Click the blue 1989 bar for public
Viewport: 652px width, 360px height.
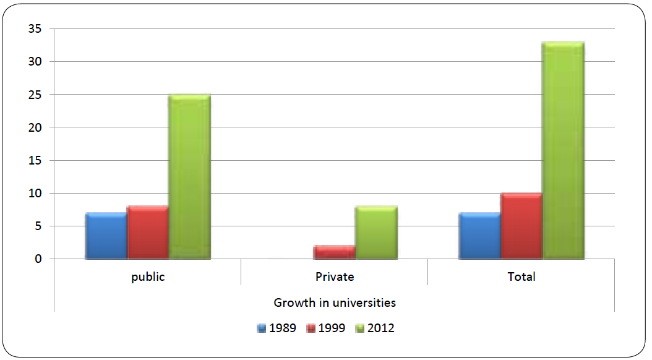[106, 236]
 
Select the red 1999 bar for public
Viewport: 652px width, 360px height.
[147, 233]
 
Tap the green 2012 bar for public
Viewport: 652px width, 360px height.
[189, 177]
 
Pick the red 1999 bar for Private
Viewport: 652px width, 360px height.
[334, 252]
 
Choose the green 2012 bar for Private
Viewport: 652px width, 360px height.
[376, 233]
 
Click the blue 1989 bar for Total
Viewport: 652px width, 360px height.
[479, 236]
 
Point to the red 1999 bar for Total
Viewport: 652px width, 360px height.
[521, 226]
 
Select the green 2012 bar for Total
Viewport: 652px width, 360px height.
[563, 150]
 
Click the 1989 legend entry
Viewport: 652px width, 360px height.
[277, 328]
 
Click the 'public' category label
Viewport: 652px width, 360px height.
[148, 277]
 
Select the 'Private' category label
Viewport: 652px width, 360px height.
[334, 277]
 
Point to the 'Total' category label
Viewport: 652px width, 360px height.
[521, 277]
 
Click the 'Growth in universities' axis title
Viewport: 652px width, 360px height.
[335, 303]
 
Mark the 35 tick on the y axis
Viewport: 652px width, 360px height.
[35, 29]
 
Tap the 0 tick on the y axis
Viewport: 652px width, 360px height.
[38, 259]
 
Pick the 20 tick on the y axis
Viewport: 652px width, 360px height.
[35, 127]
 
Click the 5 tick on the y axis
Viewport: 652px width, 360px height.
[38, 226]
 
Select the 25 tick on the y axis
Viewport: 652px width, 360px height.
[35, 95]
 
